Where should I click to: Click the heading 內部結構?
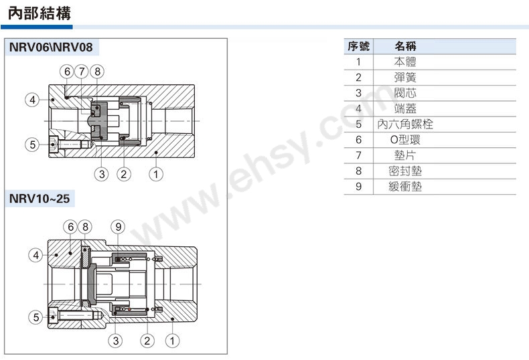(39, 13)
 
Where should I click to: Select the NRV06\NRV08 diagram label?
(51, 48)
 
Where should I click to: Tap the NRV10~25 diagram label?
(40, 199)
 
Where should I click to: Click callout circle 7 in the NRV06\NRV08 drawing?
(82, 72)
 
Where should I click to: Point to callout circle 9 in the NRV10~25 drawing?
(118, 227)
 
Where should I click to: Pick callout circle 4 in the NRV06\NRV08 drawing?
(32, 100)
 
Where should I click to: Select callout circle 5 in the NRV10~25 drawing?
(35, 317)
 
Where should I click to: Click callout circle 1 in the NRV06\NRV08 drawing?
(156, 174)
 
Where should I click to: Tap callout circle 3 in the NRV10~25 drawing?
(116, 341)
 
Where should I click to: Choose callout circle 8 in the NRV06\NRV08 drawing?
(97, 72)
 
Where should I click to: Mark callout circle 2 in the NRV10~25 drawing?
(147, 341)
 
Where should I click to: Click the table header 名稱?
(406, 46)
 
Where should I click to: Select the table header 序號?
(359, 46)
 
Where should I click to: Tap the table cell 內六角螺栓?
(405, 124)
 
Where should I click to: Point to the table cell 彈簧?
(405, 77)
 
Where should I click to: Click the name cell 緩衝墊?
(405, 187)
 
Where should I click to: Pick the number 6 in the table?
(359, 140)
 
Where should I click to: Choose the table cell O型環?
(405, 140)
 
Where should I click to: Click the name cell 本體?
(405, 62)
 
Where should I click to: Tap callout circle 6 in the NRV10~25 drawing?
(70, 227)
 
